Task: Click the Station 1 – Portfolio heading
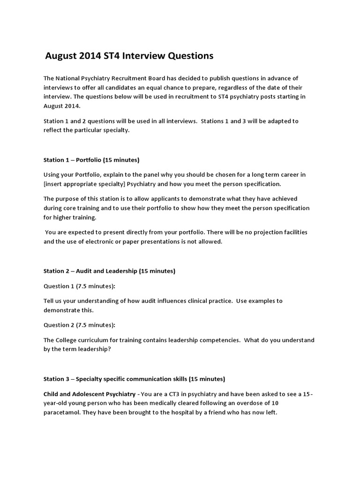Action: pyautogui.click(x=91, y=160)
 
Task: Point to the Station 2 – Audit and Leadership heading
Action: pyautogui.click(x=109, y=271)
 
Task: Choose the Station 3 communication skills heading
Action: pyautogui.click(x=134, y=379)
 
